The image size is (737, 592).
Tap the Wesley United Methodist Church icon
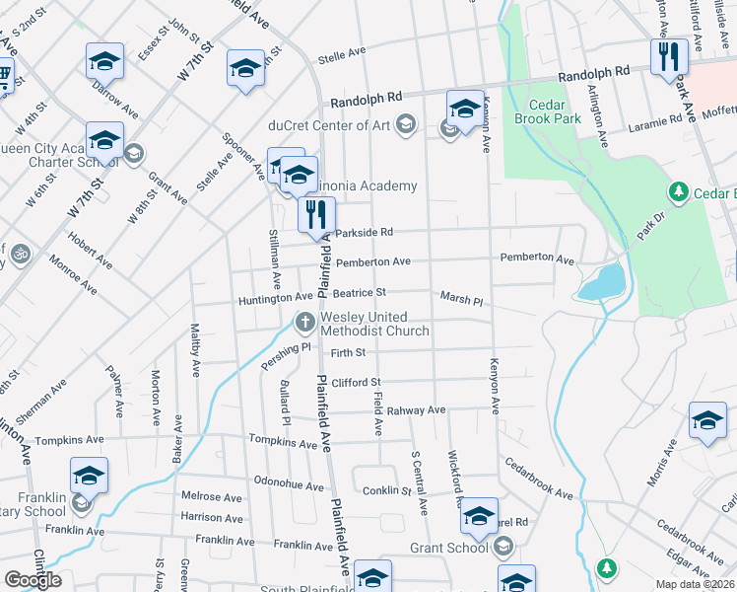click(x=305, y=322)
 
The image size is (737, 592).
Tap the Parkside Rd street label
click(x=364, y=233)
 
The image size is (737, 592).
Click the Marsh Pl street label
click(x=461, y=299)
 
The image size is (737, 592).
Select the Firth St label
click(x=348, y=352)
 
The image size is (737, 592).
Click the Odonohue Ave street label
click(x=289, y=486)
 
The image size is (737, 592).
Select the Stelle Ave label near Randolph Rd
click(x=342, y=56)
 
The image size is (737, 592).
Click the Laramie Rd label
click(x=662, y=120)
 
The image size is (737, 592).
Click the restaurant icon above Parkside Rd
click(x=316, y=214)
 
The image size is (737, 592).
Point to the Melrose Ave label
click(x=211, y=497)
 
